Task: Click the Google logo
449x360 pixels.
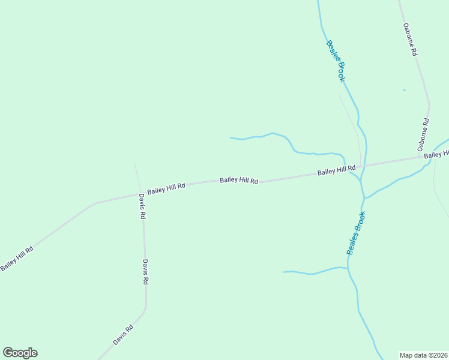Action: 20,353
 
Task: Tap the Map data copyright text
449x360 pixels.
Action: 423,355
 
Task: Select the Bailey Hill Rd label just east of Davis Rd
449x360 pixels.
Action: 166,187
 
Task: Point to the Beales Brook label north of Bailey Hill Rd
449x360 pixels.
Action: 336,61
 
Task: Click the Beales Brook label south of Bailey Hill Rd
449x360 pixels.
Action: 356,233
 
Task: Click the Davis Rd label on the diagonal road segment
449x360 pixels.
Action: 123,335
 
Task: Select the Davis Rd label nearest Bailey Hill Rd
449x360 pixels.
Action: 142,206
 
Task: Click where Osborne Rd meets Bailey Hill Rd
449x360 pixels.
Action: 420,157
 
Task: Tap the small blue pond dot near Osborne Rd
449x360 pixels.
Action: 404,90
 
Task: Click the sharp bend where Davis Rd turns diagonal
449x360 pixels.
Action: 145,310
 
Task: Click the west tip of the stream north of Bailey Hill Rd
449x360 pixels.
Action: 231,137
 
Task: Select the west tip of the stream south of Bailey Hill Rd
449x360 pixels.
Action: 284,272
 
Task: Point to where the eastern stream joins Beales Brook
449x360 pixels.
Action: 365,197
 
